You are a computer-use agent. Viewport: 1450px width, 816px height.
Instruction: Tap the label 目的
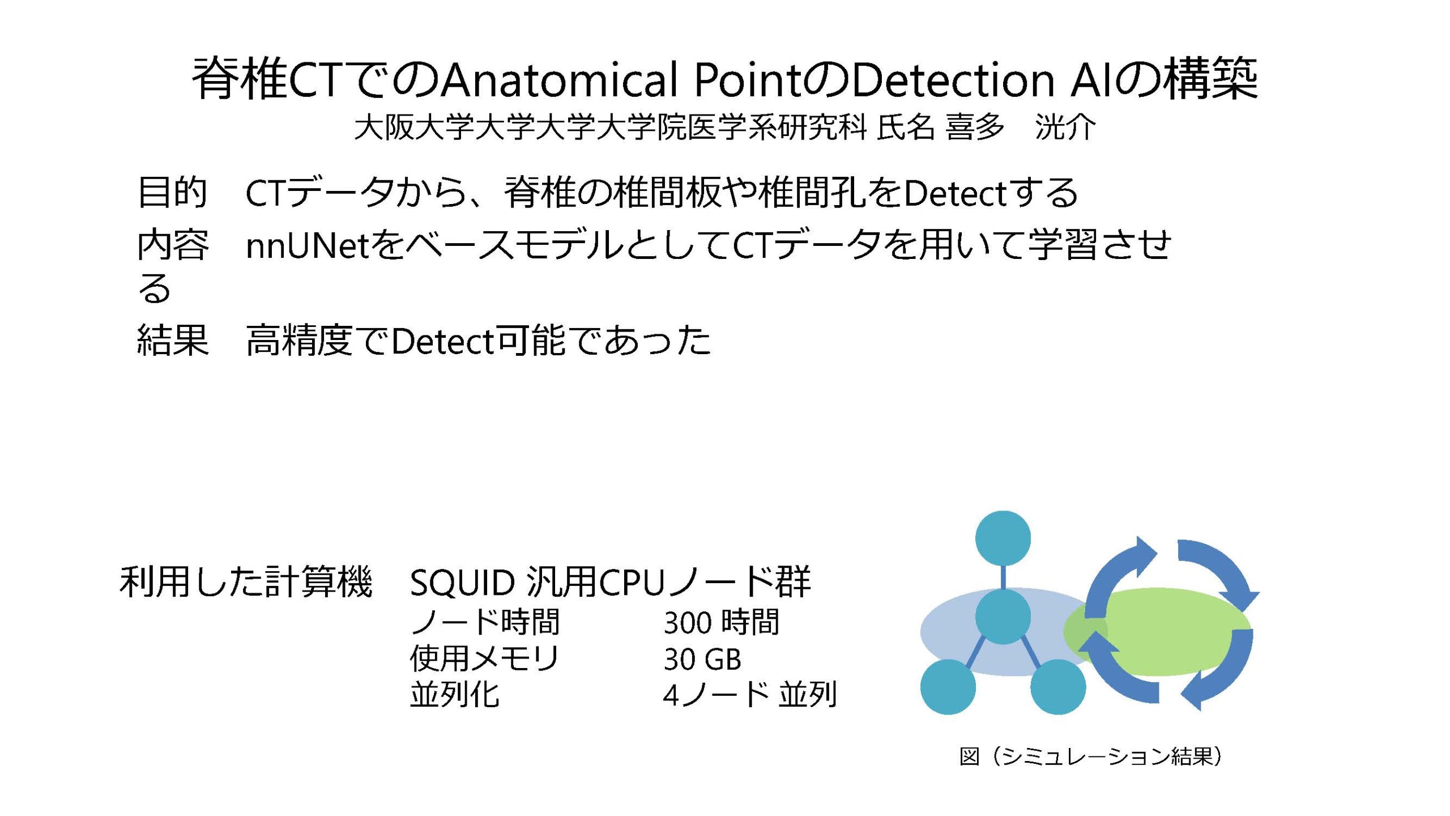point(172,192)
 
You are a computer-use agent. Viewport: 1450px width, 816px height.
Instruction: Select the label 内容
point(172,245)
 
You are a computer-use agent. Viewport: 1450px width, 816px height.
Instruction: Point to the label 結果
point(172,340)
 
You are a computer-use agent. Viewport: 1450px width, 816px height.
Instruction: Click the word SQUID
point(462,583)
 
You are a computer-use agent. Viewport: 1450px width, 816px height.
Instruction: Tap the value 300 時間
point(722,622)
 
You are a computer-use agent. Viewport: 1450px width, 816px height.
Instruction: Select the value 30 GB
point(702,659)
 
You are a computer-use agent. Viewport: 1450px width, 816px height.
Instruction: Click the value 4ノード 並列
point(750,694)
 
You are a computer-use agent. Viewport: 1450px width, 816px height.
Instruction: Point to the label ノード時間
point(485,622)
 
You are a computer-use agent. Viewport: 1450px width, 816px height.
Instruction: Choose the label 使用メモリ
point(485,658)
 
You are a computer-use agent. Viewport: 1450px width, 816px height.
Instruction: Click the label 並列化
point(455,694)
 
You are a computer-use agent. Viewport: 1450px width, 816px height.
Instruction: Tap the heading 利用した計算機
point(246,582)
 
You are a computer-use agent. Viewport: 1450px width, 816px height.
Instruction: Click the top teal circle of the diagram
point(1003,538)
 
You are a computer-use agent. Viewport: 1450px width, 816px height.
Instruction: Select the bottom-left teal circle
point(948,687)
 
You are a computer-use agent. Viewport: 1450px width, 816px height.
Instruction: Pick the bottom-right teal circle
point(1058,687)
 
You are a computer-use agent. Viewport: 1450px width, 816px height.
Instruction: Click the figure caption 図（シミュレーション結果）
point(1090,756)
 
